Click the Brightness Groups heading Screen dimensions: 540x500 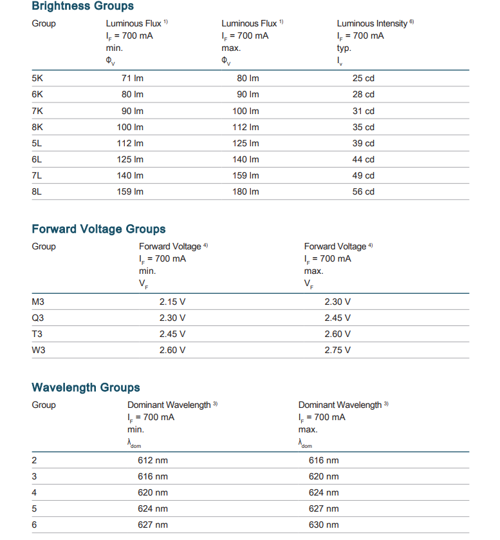pos(82,6)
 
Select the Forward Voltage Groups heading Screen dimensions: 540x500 pos(98,229)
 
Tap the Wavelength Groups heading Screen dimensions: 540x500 pos(86,388)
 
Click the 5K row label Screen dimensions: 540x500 pos(37,78)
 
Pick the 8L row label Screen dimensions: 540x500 pos(37,191)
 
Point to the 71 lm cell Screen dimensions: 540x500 pos(133,78)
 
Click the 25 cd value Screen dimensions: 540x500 pos(363,78)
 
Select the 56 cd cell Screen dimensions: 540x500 pos(363,191)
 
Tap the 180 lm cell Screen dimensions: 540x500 pos(246,191)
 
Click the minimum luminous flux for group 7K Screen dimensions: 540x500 pos(133,111)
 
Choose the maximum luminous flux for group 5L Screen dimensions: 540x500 pos(246,143)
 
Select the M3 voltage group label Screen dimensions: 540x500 pos(38,302)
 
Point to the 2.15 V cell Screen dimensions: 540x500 pos(172,302)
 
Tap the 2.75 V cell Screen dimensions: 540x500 pos(338,350)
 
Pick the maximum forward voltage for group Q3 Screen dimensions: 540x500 pos(338,318)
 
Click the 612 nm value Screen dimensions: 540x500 pos(153,460)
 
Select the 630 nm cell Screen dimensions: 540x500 pos(324,525)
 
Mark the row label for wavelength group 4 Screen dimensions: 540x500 pos(34,492)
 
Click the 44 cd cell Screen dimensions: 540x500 pos(363,159)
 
